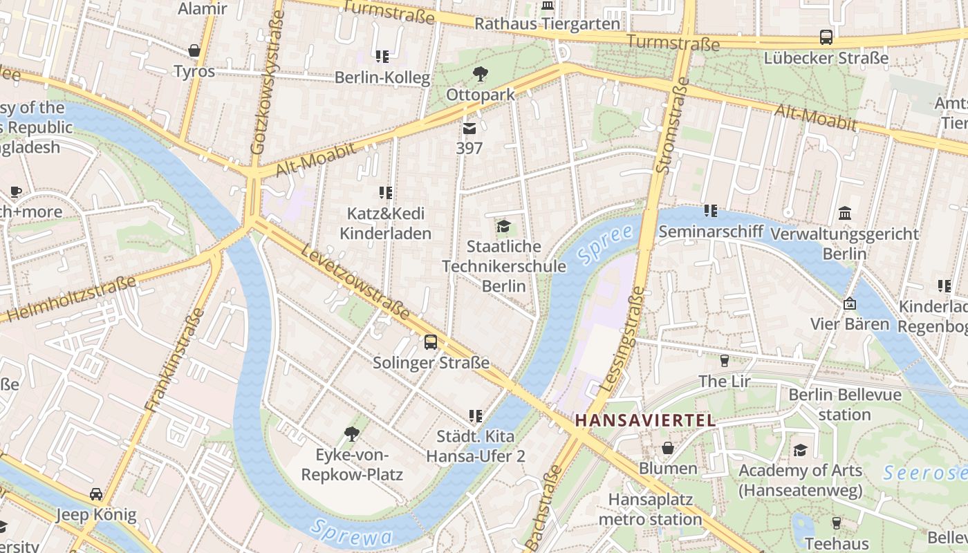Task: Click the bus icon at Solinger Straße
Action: [431, 341]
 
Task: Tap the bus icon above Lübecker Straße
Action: [826, 37]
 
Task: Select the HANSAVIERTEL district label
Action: [645, 420]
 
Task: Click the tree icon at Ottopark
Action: [480, 74]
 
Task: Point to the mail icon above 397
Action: [469, 129]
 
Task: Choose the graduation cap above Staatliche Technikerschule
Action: [503, 226]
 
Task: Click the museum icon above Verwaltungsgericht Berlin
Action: [844, 213]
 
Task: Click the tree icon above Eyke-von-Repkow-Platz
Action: [351, 434]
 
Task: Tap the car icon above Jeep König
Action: [96, 494]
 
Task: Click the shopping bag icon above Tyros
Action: [194, 51]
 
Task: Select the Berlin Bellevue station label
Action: [845, 404]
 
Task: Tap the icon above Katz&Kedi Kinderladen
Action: [385, 193]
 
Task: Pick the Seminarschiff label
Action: [710, 232]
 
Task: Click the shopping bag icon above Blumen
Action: [668, 448]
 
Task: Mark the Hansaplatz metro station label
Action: [650, 509]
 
